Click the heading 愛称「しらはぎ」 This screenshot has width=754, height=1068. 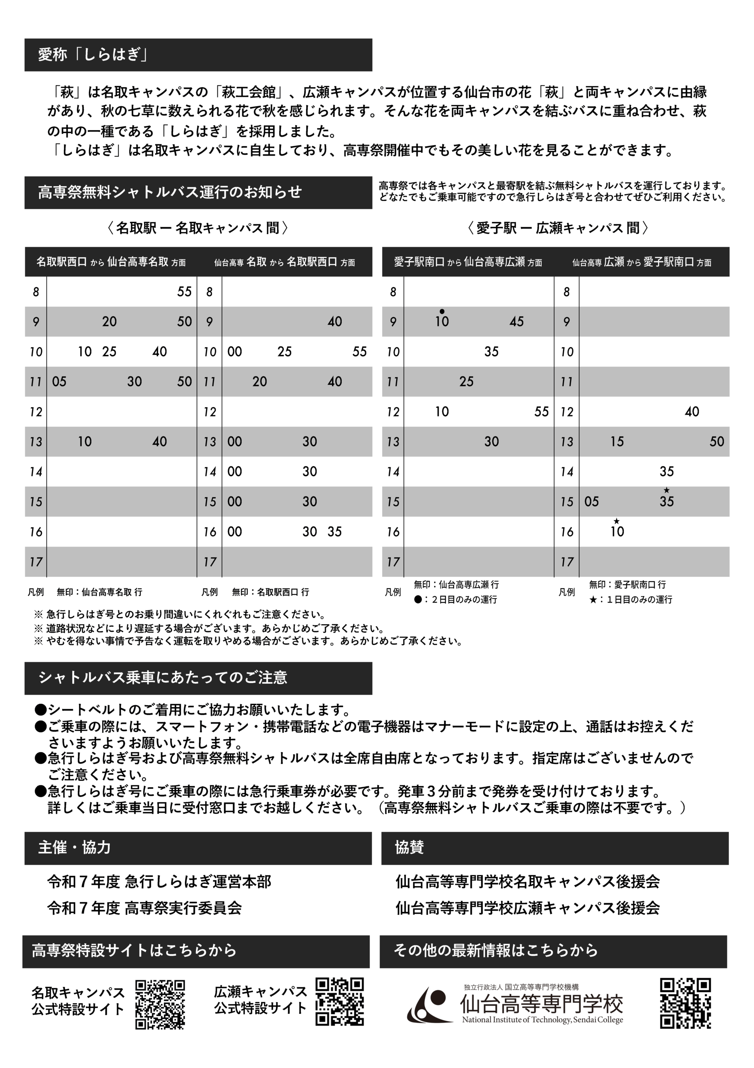tap(93, 55)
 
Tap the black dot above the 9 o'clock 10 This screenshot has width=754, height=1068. tap(442, 311)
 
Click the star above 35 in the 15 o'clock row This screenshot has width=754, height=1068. tap(666, 490)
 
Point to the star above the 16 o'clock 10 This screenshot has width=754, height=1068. tap(617, 521)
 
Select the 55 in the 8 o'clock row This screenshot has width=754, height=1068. tap(184, 292)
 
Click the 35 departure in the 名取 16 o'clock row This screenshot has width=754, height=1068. tap(335, 531)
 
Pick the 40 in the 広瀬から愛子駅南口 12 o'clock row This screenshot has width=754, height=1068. tap(692, 412)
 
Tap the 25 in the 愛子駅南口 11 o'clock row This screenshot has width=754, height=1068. tap(466, 382)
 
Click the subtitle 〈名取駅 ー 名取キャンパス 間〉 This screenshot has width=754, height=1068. tap(198, 228)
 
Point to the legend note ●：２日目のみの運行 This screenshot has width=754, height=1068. tap(455, 599)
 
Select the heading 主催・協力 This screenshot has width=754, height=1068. tap(74, 847)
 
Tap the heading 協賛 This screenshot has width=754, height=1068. tap(409, 847)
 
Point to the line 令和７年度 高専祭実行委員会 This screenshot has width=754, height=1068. tap(145, 908)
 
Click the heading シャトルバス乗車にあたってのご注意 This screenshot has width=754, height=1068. tap(163, 678)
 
